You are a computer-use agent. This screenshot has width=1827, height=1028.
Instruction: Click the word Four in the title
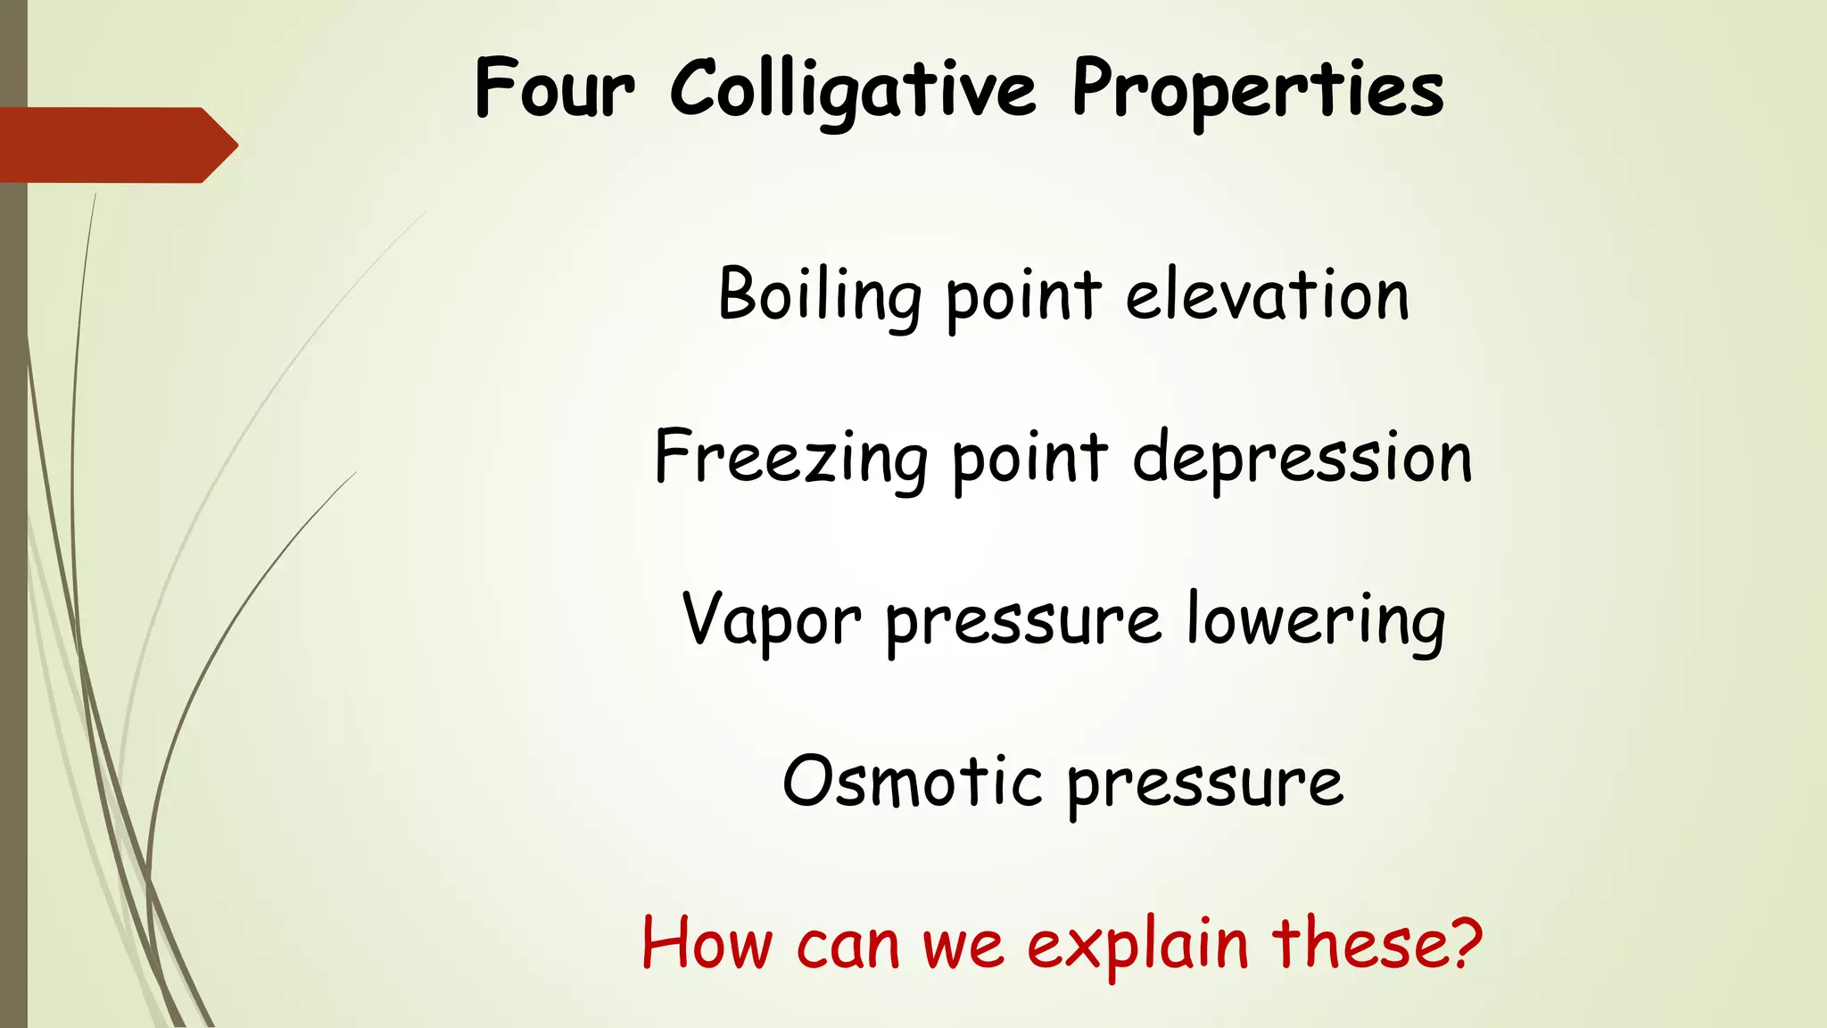pos(554,88)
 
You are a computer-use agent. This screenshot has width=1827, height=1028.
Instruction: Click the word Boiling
pos(819,295)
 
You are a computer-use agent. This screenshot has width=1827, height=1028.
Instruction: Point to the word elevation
pos(1267,295)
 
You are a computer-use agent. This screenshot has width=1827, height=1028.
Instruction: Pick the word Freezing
pos(790,458)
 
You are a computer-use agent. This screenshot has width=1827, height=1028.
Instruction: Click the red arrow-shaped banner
pos(116,145)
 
